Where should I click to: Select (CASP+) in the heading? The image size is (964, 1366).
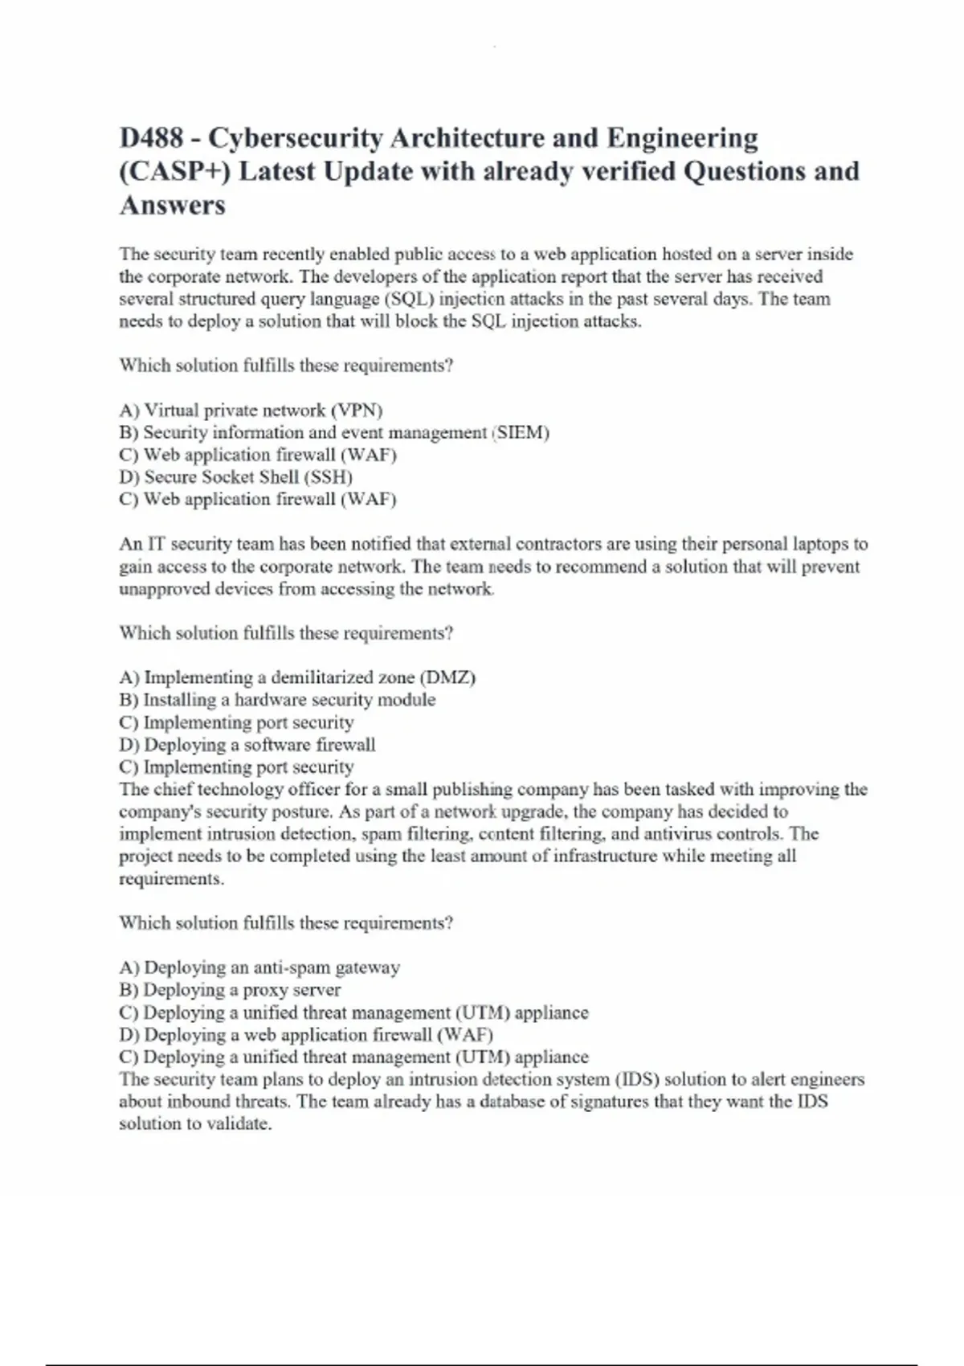click(x=173, y=171)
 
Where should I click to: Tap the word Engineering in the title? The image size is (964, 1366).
click(x=682, y=138)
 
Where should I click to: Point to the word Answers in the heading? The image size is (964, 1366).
click(x=172, y=205)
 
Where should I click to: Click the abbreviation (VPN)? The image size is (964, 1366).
click(x=357, y=410)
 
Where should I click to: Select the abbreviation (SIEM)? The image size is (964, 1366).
click(x=522, y=432)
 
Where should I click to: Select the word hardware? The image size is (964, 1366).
click(x=268, y=700)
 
